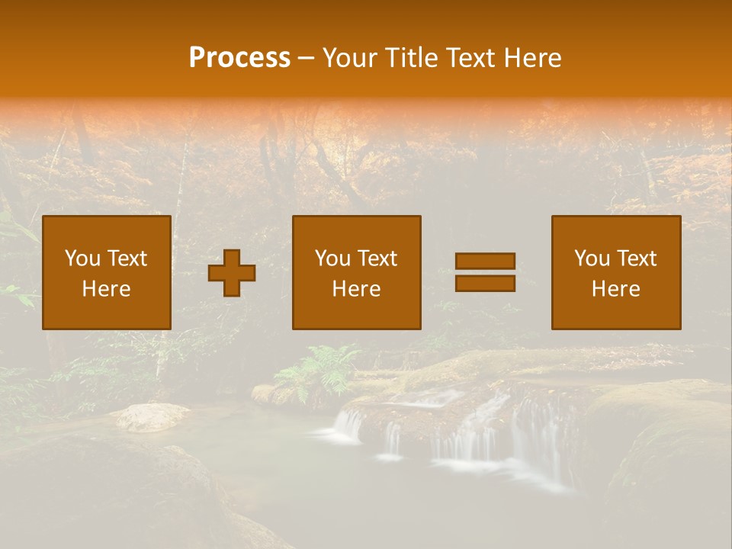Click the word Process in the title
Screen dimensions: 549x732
tap(239, 58)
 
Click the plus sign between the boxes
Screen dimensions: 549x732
tap(232, 273)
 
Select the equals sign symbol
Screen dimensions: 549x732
tap(485, 272)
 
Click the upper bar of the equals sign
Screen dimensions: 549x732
tap(485, 261)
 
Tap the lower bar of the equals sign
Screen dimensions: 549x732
tap(485, 284)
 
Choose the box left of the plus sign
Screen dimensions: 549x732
tap(107, 272)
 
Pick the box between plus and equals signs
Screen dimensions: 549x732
tap(356, 272)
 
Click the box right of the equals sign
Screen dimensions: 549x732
tap(616, 272)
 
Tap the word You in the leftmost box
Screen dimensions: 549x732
tap(82, 258)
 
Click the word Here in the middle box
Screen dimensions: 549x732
tap(356, 289)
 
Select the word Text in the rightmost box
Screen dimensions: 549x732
tap(637, 258)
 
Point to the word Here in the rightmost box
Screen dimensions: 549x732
tap(616, 289)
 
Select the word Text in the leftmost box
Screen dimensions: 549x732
tap(127, 258)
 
